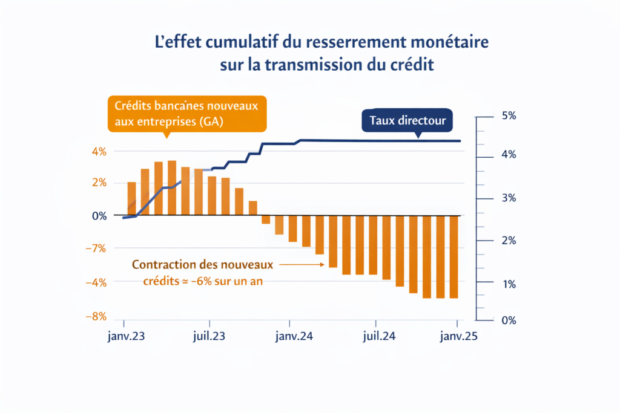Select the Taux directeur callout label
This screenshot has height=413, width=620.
tap(407, 120)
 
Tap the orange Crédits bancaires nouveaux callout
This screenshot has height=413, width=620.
tap(186, 113)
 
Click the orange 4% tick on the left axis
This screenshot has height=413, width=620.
tap(99, 151)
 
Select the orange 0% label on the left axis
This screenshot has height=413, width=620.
tap(99, 216)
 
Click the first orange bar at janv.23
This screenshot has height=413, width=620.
tap(131, 198)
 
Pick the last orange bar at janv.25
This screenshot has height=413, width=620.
tap(454, 256)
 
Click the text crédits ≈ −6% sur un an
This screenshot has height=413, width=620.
tap(203, 281)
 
